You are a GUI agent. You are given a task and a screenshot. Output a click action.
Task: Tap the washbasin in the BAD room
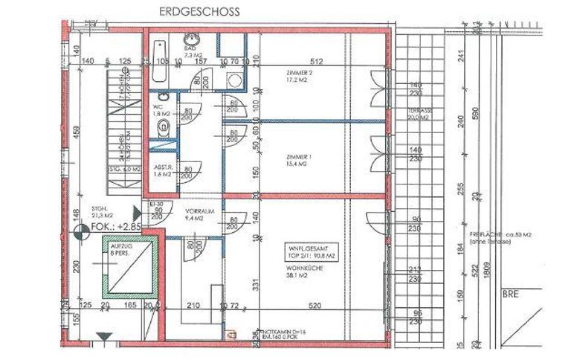coord(190,41)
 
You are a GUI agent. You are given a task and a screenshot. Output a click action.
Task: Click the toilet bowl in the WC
coord(166,129)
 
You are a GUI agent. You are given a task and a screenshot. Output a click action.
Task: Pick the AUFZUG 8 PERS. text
coord(121,248)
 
